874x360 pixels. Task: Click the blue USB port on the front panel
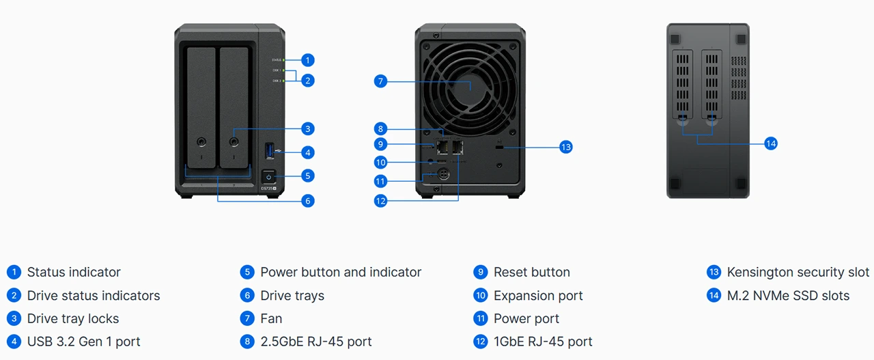click(268, 150)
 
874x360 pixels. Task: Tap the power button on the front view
click(268, 176)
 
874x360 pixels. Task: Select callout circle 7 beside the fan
click(381, 82)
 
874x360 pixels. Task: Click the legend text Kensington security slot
click(798, 272)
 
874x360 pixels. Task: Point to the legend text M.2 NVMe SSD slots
click(788, 296)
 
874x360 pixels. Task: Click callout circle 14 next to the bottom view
click(771, 143)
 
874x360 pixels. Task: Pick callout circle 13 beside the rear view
click(565, 147)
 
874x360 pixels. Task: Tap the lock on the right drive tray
click(234, 143)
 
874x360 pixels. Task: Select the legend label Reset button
click(531, 272)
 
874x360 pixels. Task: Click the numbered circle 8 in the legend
click(247, 342)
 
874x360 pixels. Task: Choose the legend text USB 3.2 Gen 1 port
click(83, 342)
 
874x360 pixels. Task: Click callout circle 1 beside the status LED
click(308, 60)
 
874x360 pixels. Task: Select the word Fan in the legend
click(271, 318)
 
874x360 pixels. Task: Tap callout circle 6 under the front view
click(308, 201)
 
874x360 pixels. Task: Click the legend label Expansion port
click(538, 296)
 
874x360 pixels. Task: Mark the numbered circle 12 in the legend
click(481, 342)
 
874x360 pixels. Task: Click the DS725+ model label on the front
click(268, 189)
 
